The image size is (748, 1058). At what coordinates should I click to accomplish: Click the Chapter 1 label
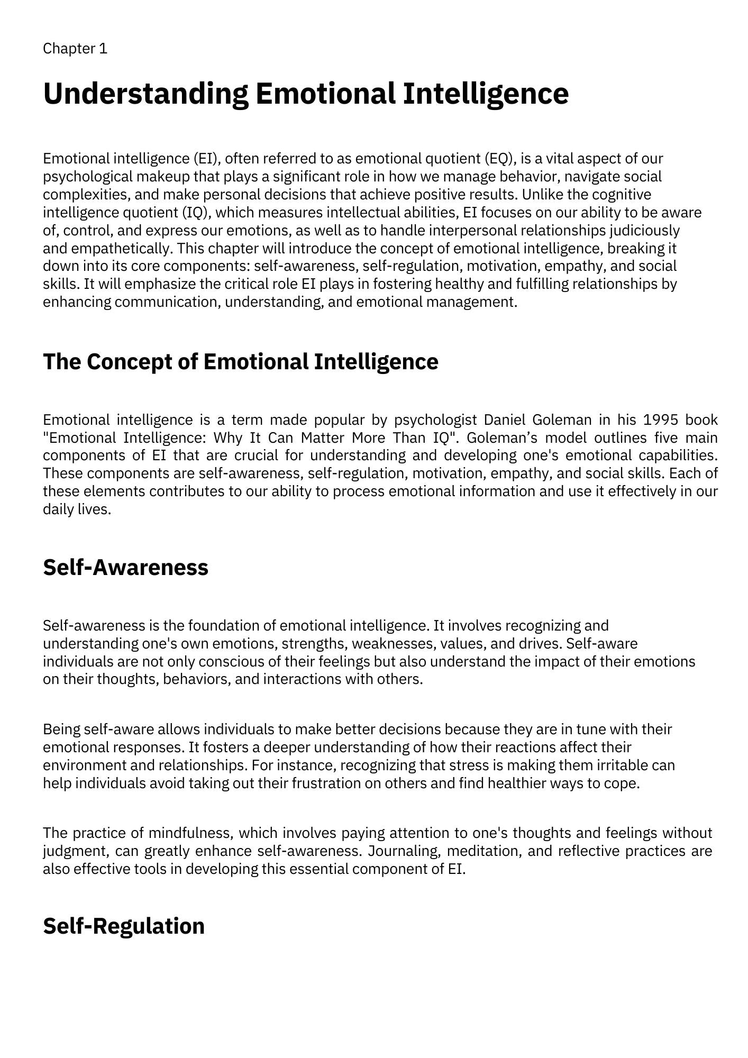pyautogui.click(x=75, y=49)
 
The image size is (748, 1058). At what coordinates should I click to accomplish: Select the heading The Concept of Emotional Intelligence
pyautogui.click(x=240, y=362)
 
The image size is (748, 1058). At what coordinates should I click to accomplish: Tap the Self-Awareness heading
pyautogui.click(x=125, y=567)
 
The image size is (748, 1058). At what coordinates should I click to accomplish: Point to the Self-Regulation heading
pyautogui.click(x=123, y=926)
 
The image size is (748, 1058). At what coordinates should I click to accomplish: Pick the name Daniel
pyautogui.click(x=505, y=420)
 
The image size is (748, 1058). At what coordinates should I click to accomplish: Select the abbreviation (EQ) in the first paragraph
pyautogui.click(x=500, y=159)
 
